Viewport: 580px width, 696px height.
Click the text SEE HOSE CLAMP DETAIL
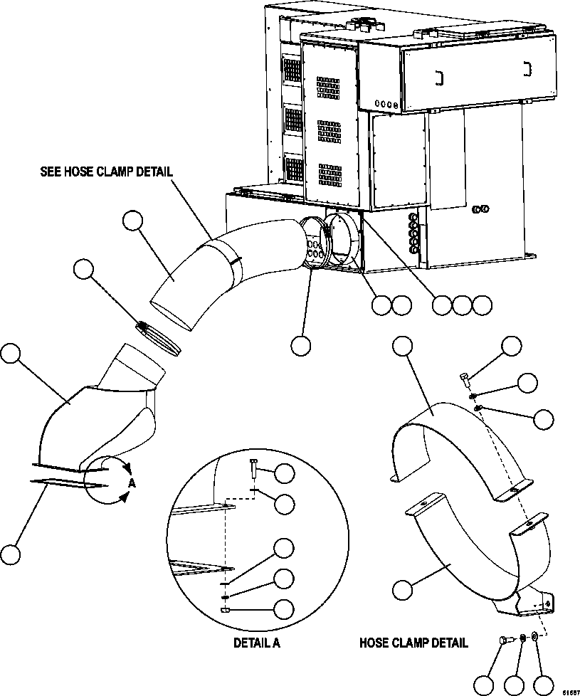[107, 171]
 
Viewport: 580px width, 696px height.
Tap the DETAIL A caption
[257, 643]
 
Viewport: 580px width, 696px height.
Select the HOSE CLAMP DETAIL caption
[413, 643]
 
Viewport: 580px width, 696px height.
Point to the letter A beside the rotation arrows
[132, 483]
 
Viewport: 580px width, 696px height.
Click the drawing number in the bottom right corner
[570, 691]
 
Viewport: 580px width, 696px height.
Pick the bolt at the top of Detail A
[254, 470]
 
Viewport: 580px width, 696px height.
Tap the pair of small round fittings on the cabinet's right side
[480, 209]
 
